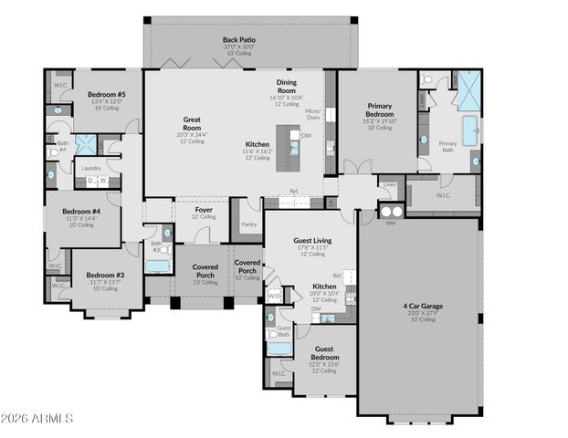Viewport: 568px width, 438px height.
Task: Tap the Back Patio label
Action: tap(239, 40)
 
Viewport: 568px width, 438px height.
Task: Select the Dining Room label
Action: tap(287, 87)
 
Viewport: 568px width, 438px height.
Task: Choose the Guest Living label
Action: tap(312, 241)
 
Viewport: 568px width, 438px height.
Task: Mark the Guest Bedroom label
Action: tap(324, 352)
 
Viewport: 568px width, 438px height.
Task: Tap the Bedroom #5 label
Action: tap(106, 95)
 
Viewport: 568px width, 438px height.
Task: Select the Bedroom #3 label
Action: tap(104, 276)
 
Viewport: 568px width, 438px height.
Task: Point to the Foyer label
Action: tap(204, 210)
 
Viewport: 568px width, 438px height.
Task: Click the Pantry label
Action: tap(248, 224)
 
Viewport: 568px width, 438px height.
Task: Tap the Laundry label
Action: tap(90, 168)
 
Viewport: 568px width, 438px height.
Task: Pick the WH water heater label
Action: tap(390, 223)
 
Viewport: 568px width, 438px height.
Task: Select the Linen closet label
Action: tap(390, 185)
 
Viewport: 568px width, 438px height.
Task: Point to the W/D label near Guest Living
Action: tap(274, 295)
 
